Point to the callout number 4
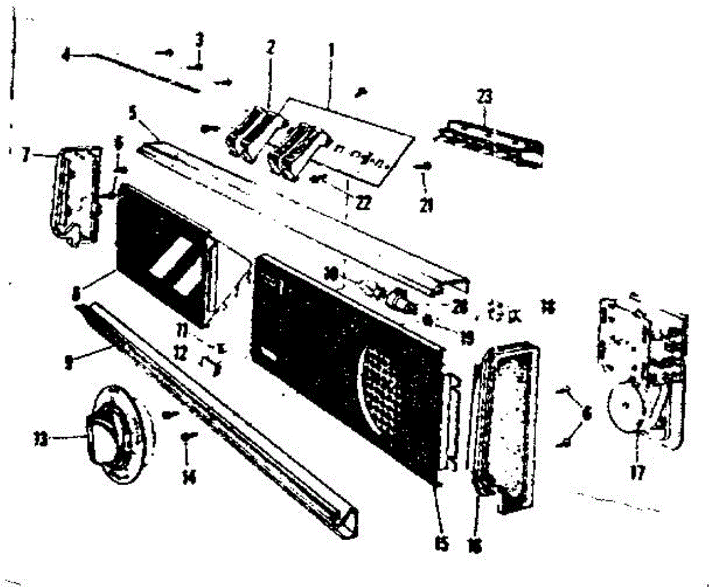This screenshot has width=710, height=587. click(x=66, y=56)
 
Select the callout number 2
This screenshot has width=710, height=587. click(x=270, y=49)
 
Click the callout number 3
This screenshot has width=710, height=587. click(x=200, y=40)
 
